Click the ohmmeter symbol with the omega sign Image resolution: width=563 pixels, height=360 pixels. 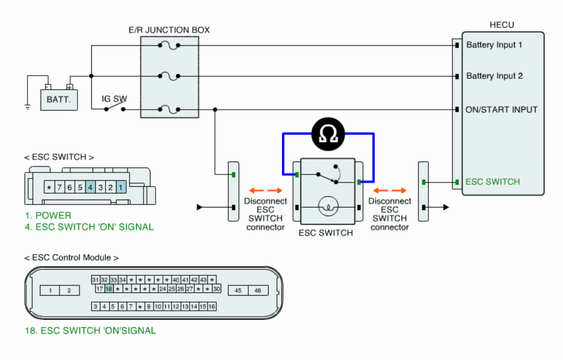(x=328, y=134)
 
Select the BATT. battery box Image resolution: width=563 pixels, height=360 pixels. (x=59, y=100)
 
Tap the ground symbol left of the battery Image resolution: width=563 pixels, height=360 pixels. (x=27, y=107)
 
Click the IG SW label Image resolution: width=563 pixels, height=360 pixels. (x=114, y=99)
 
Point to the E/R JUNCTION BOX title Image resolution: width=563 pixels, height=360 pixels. (x=169, y=30)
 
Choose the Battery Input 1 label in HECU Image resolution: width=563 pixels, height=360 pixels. (x=494, y=45)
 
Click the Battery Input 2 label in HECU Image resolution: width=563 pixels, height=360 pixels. (x=494, y=76)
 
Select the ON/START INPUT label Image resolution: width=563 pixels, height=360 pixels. (x=501, y=110)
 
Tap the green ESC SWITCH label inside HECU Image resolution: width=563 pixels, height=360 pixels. (x=493, y=182)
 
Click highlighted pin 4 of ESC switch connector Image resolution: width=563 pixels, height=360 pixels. (x=90, y=187)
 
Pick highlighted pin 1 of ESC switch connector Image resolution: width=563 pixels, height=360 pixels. (x=121, y=187)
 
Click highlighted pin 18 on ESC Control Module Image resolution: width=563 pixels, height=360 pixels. (x=109, y=289)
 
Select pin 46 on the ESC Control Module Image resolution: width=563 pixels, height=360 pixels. (x=258, y=290)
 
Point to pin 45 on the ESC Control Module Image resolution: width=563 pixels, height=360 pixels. (x=238, y=290)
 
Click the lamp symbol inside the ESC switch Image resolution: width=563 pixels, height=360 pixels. (x=328, y=207)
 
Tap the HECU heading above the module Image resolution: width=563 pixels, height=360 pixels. (x=502, y=25)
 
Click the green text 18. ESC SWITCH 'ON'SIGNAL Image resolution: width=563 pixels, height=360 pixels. (x=90, y=331)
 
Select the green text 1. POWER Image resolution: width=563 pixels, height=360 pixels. (x=48, y=215)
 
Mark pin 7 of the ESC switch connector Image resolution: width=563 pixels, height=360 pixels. (x=59, y=187)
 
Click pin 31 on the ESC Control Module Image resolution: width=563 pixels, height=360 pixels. (x=96, y=280)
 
